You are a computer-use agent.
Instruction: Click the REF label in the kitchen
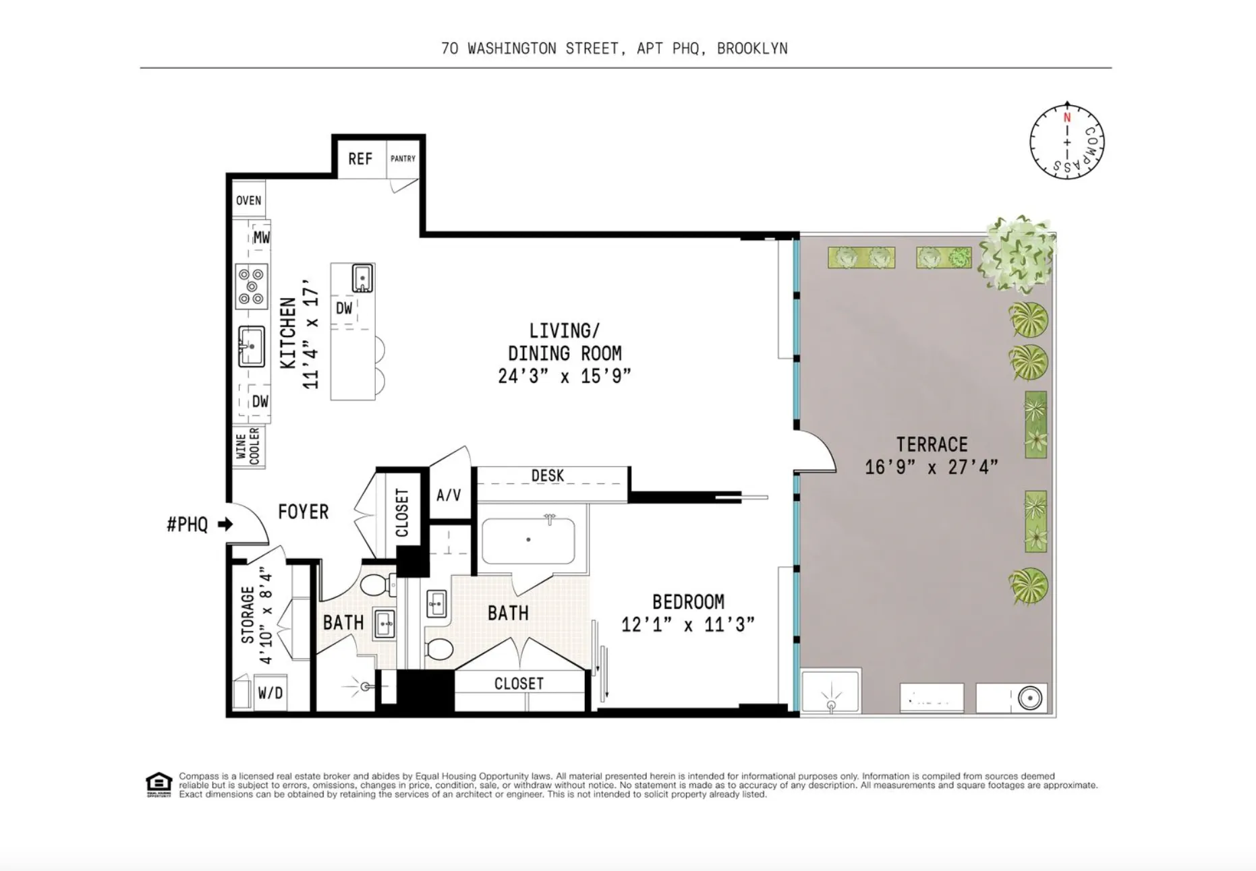pos(360,159)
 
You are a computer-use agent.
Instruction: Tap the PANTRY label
pos(403,158)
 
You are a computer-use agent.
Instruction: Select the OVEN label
pos(248,200)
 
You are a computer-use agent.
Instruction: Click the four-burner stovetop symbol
pos(251,286)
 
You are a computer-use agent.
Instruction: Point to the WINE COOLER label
pos(248,446)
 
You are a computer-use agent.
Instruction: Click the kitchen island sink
pos(362,278)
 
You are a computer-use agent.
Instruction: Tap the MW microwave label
pos(261,237)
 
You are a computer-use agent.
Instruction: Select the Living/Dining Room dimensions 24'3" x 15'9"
pos(564,376)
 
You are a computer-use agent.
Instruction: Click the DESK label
pos(547,476)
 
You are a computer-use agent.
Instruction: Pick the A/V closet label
pos(449,495)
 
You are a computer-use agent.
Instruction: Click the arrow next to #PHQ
pos(225,524)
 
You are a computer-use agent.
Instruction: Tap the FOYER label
pos(303,512)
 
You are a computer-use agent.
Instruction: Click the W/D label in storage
pos(270,693)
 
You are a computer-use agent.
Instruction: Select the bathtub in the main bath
pos(528,541)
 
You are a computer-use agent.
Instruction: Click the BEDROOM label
pos(688,601)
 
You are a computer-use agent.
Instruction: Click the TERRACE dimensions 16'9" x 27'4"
pos(931,467)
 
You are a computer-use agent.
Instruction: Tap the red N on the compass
pos(1067,118)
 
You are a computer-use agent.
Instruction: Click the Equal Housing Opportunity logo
pos(159,784)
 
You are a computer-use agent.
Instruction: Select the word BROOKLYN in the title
pos(752,49)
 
